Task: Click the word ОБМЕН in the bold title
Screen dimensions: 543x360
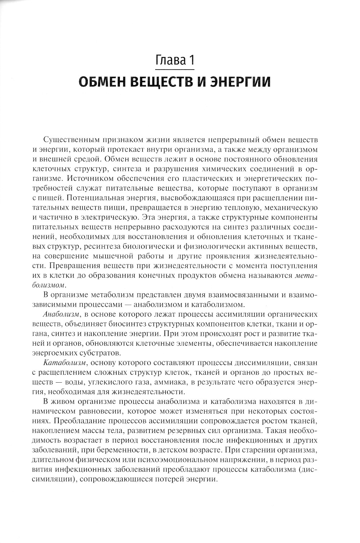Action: (101, 82)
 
